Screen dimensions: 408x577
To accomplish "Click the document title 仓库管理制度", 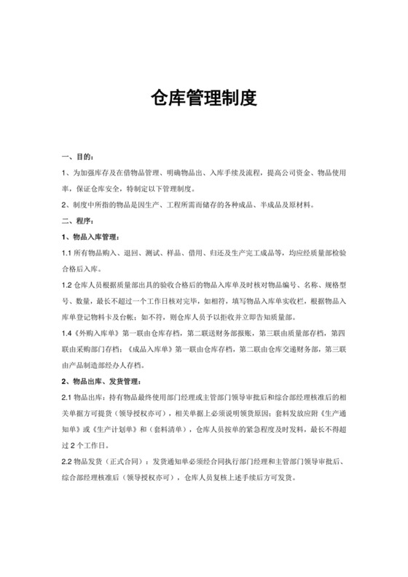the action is tap(203, 99).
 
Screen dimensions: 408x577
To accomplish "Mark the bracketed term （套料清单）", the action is tap(170, 428).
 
